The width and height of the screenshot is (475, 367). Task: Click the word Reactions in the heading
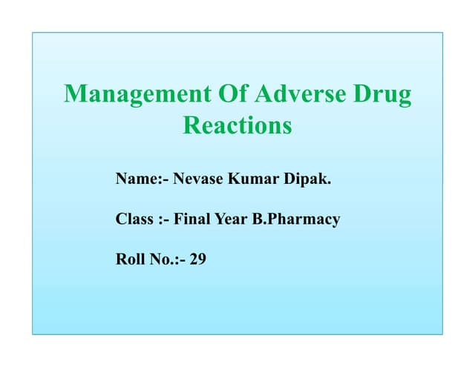tap(237, 125)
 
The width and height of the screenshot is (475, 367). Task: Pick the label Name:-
tap(142, 179)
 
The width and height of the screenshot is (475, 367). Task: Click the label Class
tap(134, 219)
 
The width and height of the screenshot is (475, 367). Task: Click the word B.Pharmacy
tap(297, 220)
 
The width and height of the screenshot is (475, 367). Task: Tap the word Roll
tap(130, 260)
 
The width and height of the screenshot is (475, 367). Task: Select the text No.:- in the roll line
tap(167, 260)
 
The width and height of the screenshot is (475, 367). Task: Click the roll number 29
tap(197, 260)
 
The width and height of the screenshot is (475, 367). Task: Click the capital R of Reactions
tap(191, 125)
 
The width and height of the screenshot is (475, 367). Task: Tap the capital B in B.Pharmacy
tap(259, 219)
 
